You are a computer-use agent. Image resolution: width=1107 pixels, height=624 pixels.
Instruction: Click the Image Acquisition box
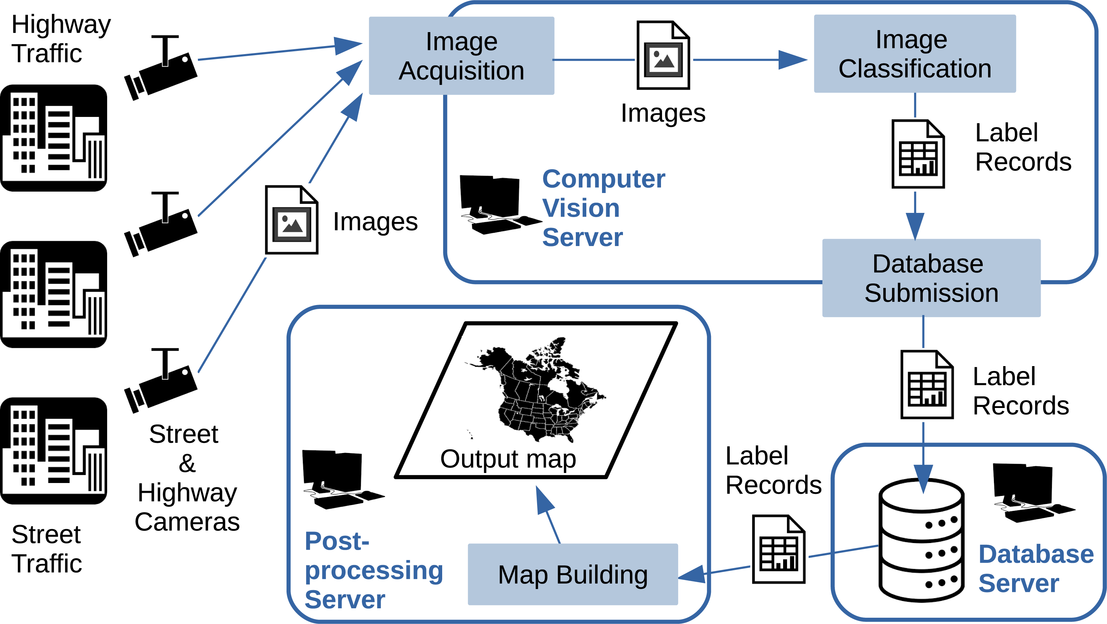pyautogui.click(x=461, y=56)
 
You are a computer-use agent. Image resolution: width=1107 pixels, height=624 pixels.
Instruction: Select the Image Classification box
pyautogui.click(x=914, y=54)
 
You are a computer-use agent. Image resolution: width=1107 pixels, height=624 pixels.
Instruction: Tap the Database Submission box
pyautogui.click(x=931, y=278)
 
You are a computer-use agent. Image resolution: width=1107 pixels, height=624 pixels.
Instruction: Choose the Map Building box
pyautogui.click(x=572, y=574)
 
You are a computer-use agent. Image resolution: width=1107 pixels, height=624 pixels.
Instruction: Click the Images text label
pyautogui.click(x=663, y=113)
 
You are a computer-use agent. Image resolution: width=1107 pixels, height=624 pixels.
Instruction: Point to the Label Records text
pyautogui.click(x=1023, y=147)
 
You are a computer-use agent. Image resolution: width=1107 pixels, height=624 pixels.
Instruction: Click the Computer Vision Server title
pyautogui.click(x=603, y=208)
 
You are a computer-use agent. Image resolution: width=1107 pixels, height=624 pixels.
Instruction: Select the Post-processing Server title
pyautogui.click(x=373, y=570)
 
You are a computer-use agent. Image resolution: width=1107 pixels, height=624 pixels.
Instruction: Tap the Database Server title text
pyautogui.click(x=1036, y=568)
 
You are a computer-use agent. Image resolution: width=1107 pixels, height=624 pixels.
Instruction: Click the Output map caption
pyautogui.click(x=508, y=459)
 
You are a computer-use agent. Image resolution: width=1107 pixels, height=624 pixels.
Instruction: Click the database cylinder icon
pyautogui.click(x=921, y=540)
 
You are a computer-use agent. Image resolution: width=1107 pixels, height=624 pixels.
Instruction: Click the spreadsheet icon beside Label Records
pyautogui.click(x=918, y=154)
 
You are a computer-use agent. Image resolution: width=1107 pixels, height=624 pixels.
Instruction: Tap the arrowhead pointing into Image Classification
pyautogui.click(x=793, y=60)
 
